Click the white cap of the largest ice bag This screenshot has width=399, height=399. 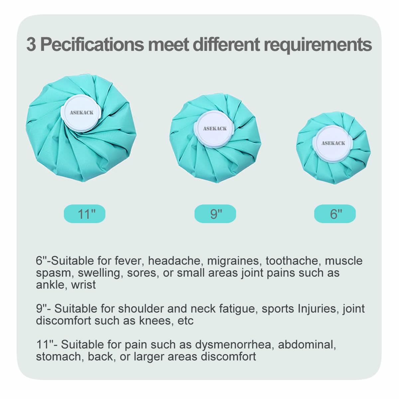point(81,113)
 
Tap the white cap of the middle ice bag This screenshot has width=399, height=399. point(214,129)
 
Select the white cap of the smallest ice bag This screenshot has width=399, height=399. point(333,144)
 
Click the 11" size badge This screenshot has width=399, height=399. point(84,214)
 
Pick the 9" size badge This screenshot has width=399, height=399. point(215,214)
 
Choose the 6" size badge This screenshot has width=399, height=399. point(335,214)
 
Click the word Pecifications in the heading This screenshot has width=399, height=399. point(92,45)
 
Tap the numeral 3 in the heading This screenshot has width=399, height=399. point(31,45)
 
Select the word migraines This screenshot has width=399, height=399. point(233,261)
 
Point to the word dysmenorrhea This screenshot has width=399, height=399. point(233,345)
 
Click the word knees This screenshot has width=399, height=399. point(156,321)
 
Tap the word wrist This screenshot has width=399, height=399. point(83,285)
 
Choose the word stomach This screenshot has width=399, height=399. point(60,357)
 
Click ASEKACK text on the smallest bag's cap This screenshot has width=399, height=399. point(333,143)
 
